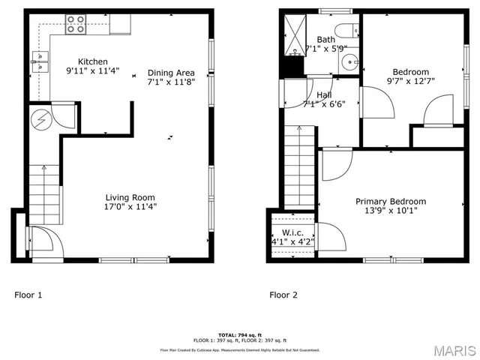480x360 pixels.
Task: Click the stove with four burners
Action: click(76, 24)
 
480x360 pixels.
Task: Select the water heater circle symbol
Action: click(41, 118)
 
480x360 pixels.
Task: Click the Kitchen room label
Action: click(93, 61)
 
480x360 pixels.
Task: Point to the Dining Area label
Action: click(170, 73)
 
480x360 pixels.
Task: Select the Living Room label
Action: click(130, 197)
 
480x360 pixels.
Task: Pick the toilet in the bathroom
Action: click(346, 31)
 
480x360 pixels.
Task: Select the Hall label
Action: click(324, 95)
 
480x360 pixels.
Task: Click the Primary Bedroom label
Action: click(390, 201)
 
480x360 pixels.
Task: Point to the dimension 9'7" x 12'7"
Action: click(410, 81)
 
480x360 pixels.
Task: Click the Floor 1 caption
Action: click(28, 295)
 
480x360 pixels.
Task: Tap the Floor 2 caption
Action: click(283, 295)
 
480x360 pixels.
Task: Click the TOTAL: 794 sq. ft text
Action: click(239, 334)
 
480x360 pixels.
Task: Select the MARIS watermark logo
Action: click(453, 349)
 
